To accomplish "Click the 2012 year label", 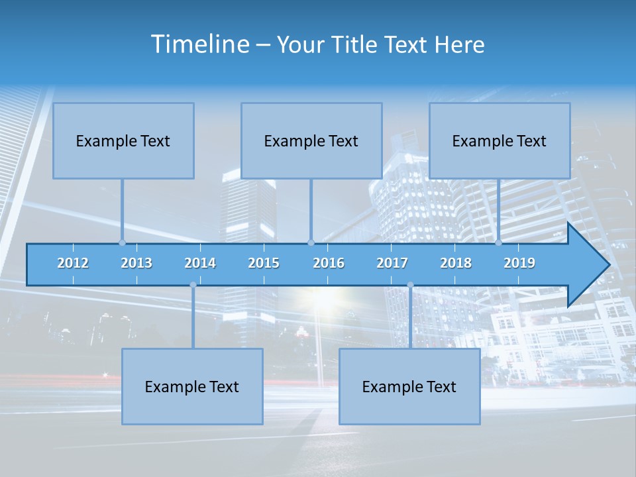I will (73, 263).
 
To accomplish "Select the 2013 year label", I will (136, 263).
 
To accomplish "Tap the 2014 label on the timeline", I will (200, 263).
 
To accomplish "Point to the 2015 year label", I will (264, 263).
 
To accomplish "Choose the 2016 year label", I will (329, 263).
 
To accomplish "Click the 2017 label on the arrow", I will (392, 263).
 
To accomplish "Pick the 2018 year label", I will (456, 263).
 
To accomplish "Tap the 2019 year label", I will (519, 263).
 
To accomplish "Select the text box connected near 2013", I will (123, 140).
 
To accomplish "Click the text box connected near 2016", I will (311, 140).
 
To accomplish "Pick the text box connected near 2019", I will (500, 140).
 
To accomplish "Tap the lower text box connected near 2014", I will (192, 386).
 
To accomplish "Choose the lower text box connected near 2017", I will (409, 386).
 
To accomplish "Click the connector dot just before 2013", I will (122, 242).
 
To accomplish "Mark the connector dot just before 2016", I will (311, 242).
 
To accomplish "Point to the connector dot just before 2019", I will (498, 242).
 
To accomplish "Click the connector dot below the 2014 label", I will (193, 285).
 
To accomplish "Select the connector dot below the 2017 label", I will (410, 285).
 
